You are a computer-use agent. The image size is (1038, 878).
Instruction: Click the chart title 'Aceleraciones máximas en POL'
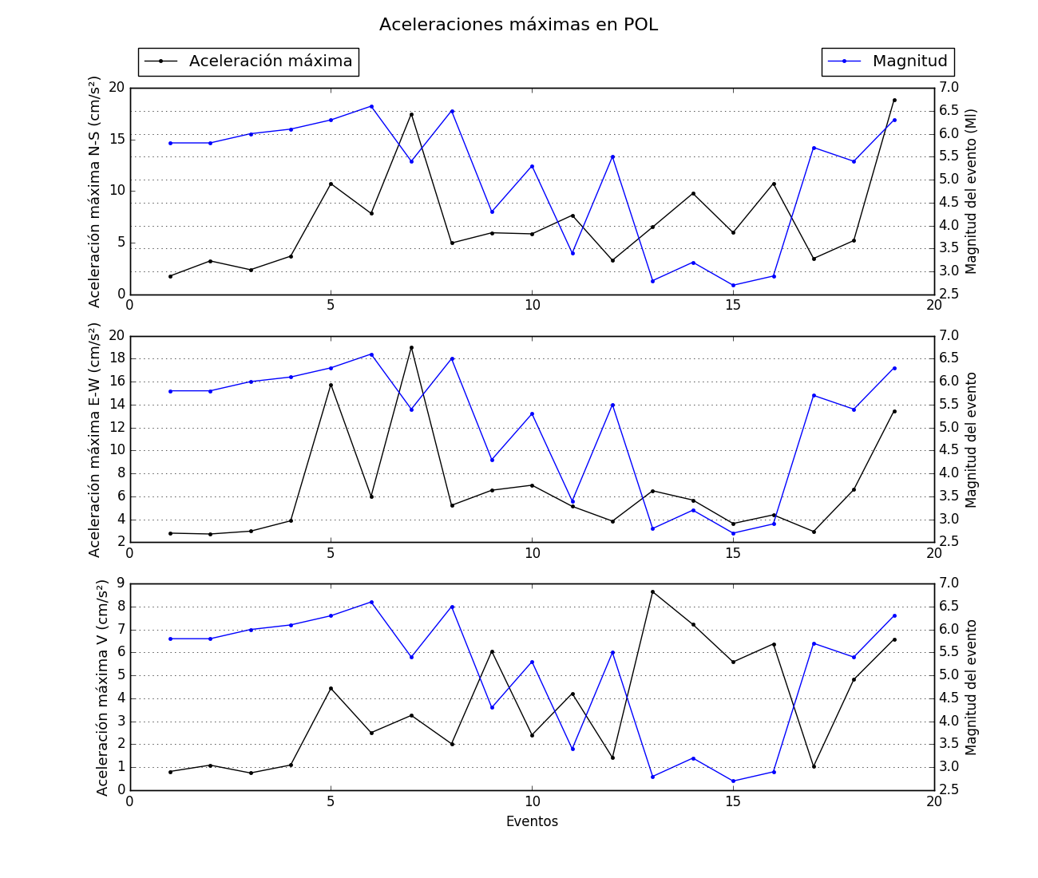click(518, 25)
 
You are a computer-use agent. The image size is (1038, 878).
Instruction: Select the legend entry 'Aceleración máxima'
click(270, 61)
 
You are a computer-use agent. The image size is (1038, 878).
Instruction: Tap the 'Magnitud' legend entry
click(909, 61)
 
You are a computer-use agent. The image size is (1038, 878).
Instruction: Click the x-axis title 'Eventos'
click(532, 821)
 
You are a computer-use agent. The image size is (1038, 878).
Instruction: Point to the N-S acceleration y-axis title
click(95, 192)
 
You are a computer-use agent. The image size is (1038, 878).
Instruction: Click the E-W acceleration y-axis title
click(95, 439)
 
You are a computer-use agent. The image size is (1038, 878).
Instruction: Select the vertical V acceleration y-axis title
click(102, 687)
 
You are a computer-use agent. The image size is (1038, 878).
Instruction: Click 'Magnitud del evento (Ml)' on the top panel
click(972, 192)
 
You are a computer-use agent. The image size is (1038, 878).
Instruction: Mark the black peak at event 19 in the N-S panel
click(894, 100)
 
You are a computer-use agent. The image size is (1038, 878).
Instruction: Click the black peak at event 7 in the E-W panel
click(411, 347)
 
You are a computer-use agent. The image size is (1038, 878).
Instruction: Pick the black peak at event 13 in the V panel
click(652, 591)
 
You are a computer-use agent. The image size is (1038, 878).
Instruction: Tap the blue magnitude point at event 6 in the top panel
click(371, 106)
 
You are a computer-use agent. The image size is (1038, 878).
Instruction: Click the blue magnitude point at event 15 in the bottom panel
click(733, 781)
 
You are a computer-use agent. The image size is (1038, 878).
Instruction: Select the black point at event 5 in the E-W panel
click(331, 385)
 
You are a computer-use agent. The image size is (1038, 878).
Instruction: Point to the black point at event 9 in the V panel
click(492, 651)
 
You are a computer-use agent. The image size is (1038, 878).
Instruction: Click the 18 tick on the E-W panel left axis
click(117, 358)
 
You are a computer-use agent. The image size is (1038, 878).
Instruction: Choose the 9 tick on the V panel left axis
click(121, 583)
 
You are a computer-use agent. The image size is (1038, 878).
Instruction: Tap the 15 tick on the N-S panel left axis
click(117, 140)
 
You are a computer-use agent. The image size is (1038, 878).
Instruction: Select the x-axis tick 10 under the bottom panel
click(532, 801)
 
